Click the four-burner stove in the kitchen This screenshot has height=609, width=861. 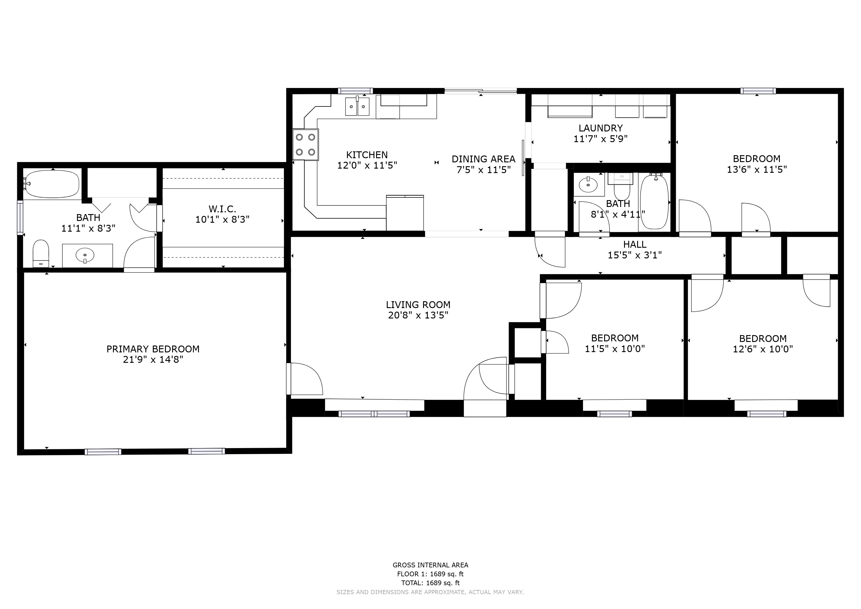tap(306, 145)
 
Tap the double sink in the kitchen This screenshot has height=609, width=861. tap(357, 106)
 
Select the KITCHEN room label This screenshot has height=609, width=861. tap(367, 155)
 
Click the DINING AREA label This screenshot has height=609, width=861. tap(483, 159)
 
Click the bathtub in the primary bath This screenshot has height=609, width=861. tap(52, 184)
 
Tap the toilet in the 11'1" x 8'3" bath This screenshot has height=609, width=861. tap(41, 253)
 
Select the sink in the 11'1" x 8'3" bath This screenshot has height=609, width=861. tap(85, 256)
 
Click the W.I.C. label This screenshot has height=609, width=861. tap(222, 209)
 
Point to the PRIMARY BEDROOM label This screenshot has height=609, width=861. tap(153, 349)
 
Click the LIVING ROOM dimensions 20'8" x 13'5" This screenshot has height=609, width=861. tap(418, 316)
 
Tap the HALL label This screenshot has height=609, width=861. tap(635, 244)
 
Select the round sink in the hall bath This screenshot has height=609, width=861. tap(588, 184)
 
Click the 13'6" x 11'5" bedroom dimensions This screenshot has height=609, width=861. tap(757, 169)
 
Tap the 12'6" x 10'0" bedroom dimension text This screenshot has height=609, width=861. tap(763, 349)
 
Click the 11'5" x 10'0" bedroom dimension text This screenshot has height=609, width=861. tap(615, 349)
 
